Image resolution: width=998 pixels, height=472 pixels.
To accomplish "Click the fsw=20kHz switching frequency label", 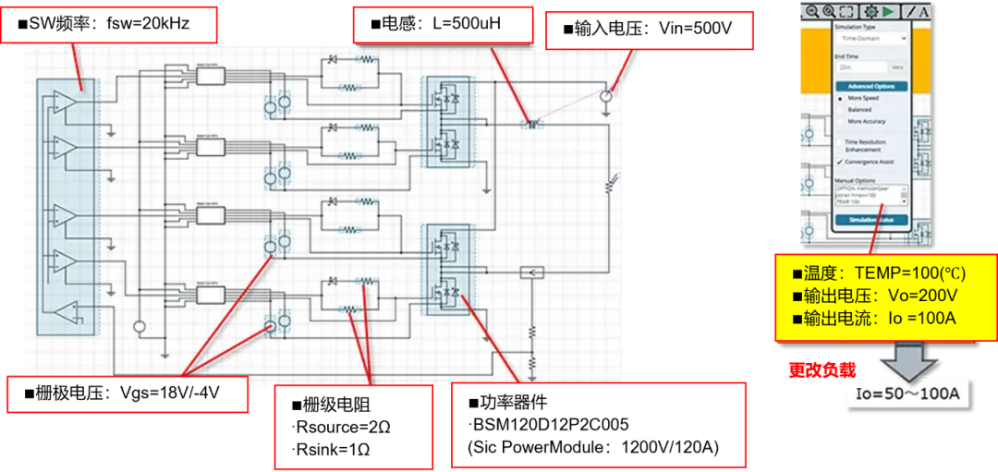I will [110, 23].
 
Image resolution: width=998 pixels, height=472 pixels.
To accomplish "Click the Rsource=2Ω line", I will [338, 426].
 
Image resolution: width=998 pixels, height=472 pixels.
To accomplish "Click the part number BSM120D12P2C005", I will [554, 426].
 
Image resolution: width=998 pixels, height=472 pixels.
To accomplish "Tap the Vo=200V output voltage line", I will [874, 296].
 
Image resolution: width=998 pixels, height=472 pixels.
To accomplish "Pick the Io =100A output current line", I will [874, 317].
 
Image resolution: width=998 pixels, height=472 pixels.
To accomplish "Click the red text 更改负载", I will [822, 370].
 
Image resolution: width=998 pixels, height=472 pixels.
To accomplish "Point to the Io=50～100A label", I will [907, 396].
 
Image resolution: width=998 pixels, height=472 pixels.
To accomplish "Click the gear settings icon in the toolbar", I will [869, 11].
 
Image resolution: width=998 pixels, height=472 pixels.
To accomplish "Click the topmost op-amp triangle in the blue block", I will [64, 102].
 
